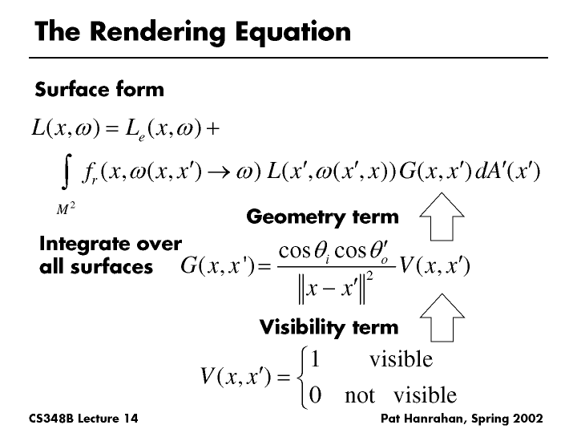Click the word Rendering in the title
tap(158, 32)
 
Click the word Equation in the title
tap(293, 32)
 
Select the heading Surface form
tap(99, 89)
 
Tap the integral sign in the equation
tap(66, 172)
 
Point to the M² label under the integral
tap(66, 208)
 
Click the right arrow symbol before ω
tap(219, 172)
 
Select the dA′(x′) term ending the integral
tap(507, 172)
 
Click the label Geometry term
tap(322, 216)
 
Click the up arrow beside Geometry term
tap(442, 216)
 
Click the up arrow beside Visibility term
tap(442, 318)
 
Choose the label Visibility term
tap(329, 327)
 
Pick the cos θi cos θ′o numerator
tap(333, 252)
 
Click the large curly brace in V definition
tap(302, 378)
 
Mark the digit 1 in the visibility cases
tap(315, 359)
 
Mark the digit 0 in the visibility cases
tap(315, 395)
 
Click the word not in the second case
tap(360, 396)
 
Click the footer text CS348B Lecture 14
tap(83, 419)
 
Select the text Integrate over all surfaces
tap(111, 255)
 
